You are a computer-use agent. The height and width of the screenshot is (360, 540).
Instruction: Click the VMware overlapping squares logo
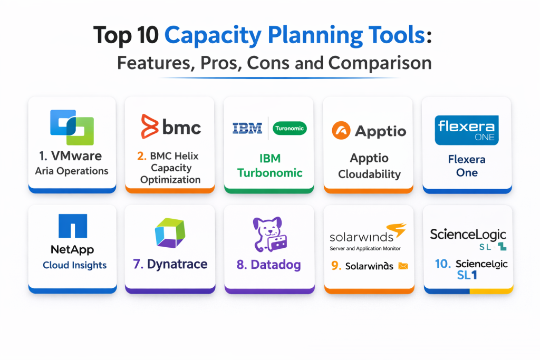pos(72,128)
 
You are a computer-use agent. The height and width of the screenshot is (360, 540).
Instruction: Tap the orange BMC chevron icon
pos(149,127)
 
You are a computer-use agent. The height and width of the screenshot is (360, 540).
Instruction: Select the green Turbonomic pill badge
pos(290,129)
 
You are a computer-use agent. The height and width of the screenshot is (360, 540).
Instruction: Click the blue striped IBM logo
pos(247,129)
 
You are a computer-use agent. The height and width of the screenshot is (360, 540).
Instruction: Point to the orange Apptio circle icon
pos(341,130)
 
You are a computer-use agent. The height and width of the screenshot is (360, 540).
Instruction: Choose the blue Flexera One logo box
pos(467,130)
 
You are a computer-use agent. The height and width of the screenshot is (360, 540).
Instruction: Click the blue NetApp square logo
pos(73,226)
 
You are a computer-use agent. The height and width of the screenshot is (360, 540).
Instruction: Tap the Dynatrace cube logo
pos(170,232)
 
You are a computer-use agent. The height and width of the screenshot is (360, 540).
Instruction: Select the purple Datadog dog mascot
pos(269,234)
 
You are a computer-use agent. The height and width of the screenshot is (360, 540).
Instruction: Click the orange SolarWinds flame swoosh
pos(397,230)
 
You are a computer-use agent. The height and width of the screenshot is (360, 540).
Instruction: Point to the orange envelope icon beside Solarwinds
pos(403,266)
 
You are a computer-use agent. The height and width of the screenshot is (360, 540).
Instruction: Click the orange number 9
pos(336,266)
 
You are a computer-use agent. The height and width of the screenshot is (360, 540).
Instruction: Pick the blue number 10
pos(442,264)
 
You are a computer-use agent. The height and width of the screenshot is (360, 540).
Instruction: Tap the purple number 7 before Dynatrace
pos(138,264)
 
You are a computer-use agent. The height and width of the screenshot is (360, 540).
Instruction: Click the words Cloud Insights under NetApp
pos(75,265)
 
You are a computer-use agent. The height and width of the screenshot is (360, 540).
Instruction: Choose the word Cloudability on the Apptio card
pos(369,174)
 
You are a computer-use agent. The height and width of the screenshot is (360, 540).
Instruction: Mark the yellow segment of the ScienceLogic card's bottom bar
pos(491,290)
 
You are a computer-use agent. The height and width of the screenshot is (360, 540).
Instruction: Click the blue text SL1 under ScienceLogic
pos(467,275)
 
